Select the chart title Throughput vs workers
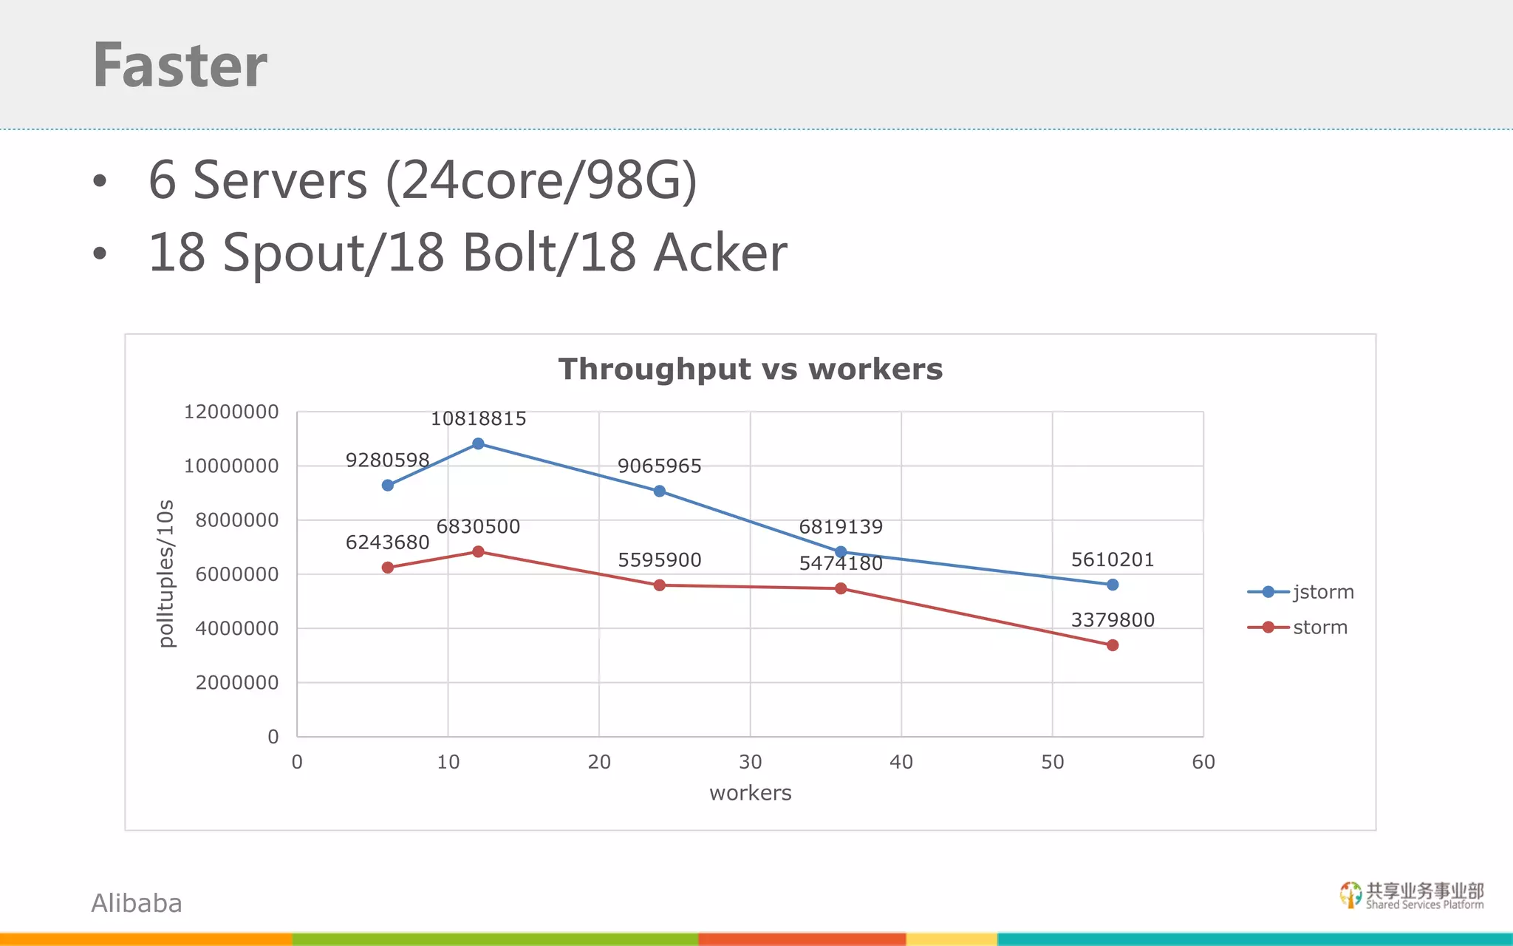click(x=750, y=369)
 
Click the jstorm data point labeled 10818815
click(x=478, y=443)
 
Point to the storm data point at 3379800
click(x=1113, y=645)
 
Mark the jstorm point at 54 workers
click(x=1113, y=585)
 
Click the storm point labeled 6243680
click(x=388, y=568)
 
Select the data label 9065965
click(x=659, y=466)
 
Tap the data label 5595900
click(x=659, y=560)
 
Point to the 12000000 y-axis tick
click(x=231, y=412)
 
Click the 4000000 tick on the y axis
click(x=236, y=628)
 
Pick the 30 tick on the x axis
click(x=750, y=762)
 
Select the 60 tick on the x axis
click(x=1203, y=762)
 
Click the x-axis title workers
click(x=750, y=793)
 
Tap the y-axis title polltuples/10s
click(x=166, y=574)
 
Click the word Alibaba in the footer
click(x=137, y=903)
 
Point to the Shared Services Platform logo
click(x=1411, y=895)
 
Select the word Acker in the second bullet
click(x=720, y=253)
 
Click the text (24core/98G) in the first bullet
click(x=541, y=180)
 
